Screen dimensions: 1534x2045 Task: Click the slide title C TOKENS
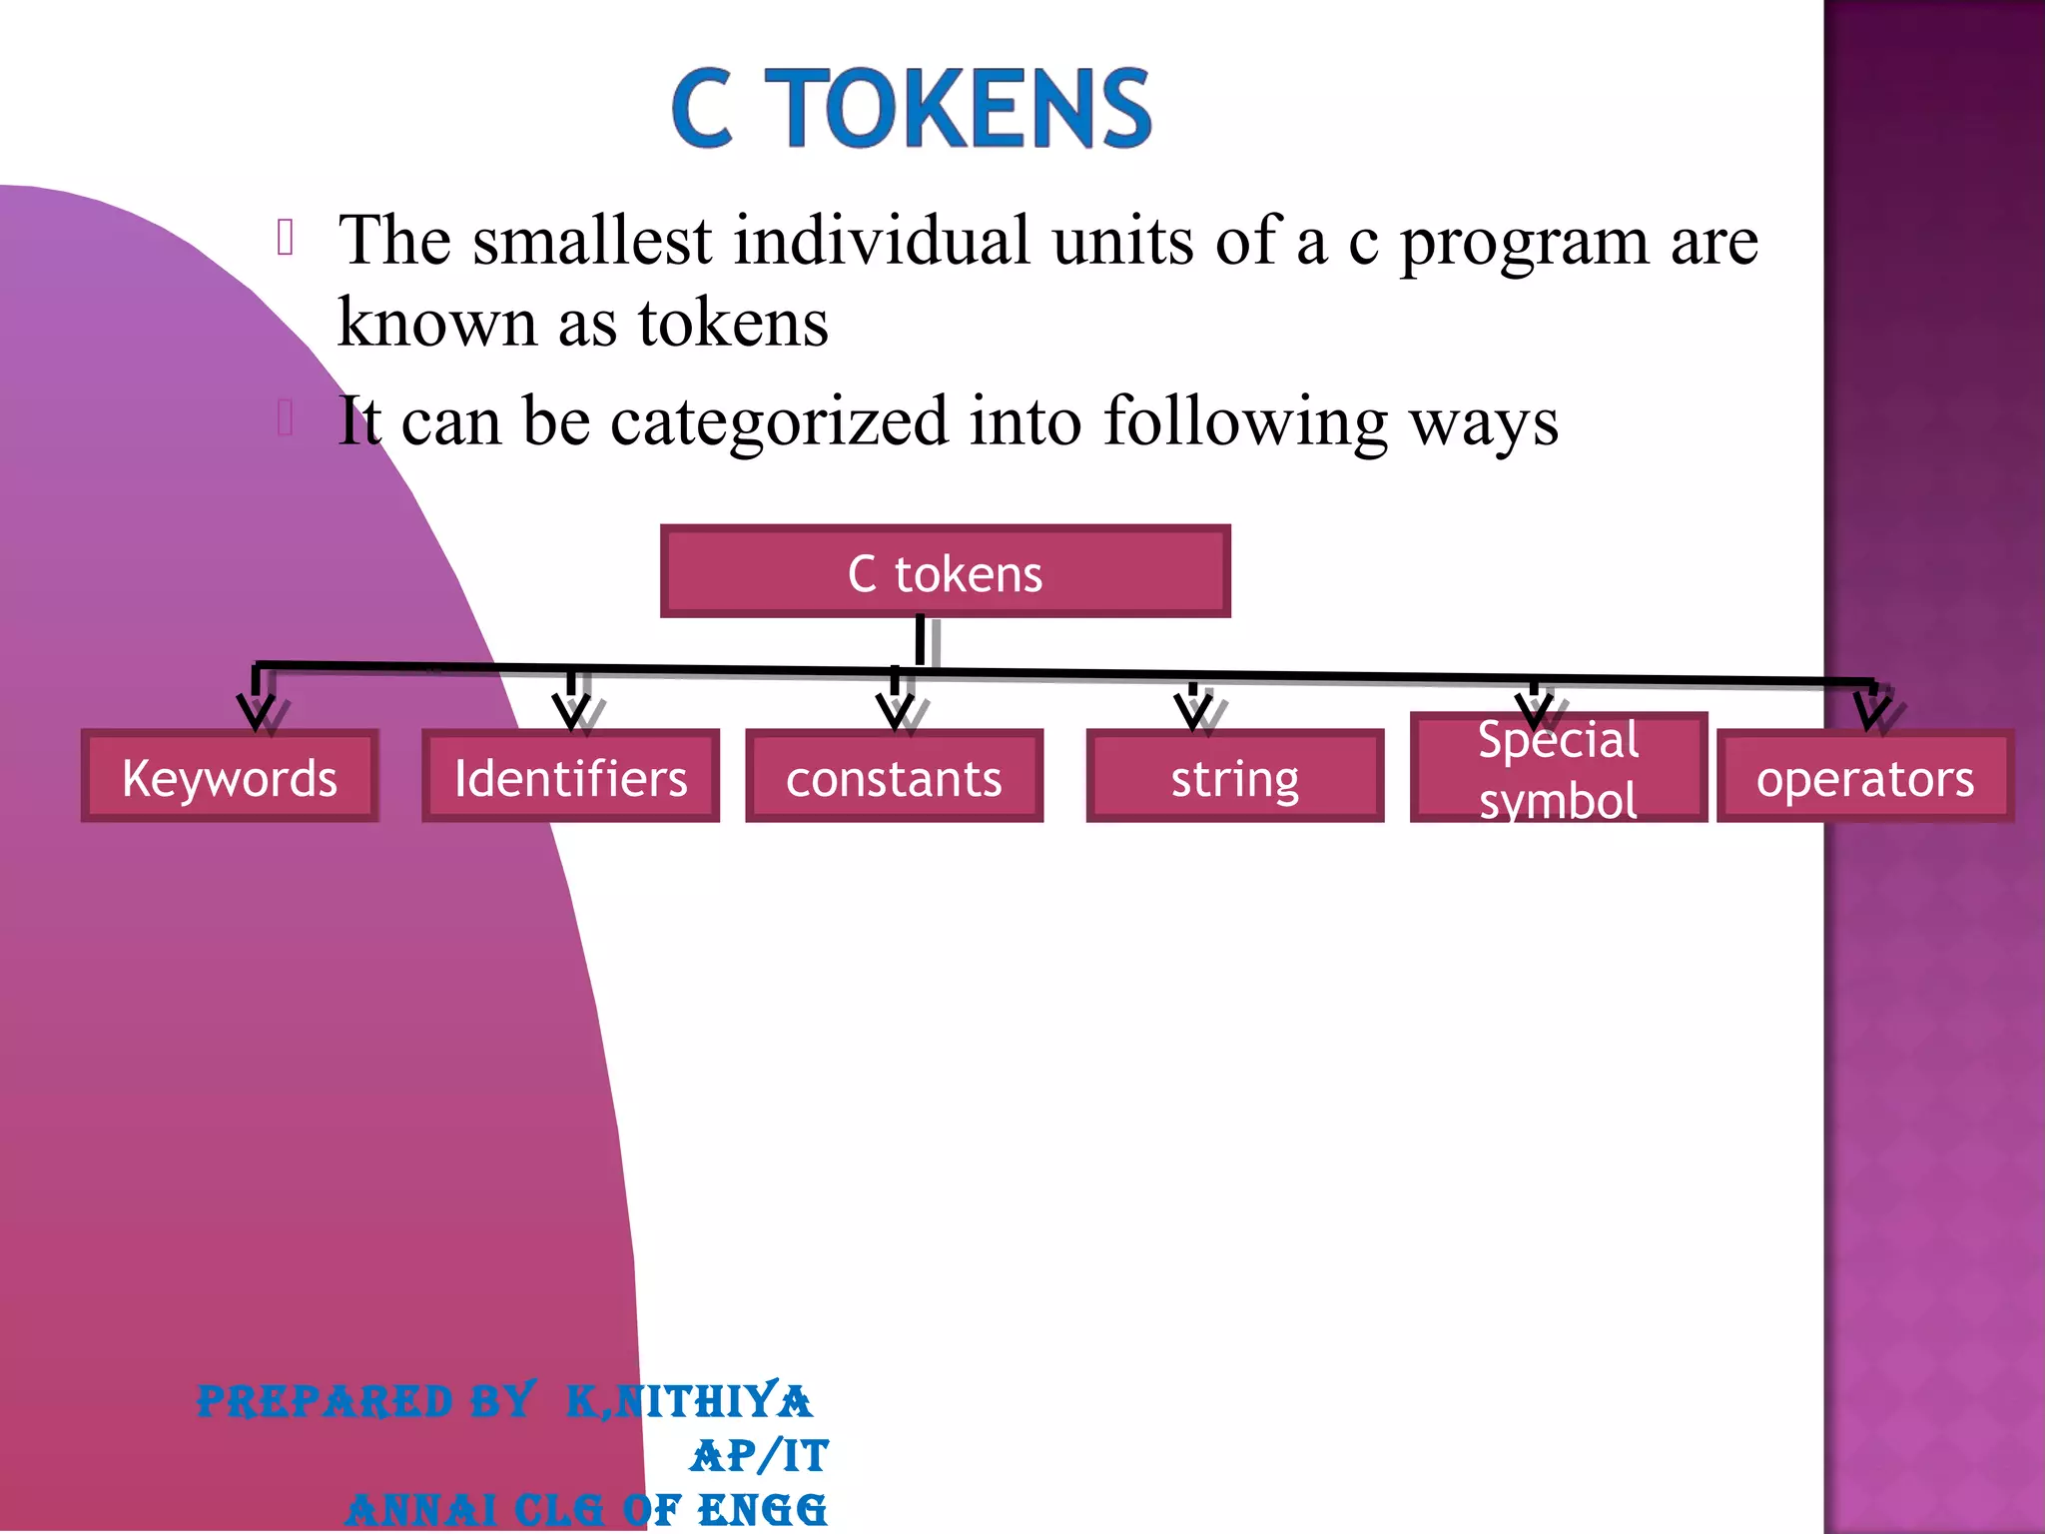point(912,109)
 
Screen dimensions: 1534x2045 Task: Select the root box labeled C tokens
point(945,572)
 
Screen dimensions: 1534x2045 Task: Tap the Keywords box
point(230,777)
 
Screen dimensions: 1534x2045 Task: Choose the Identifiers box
point(570,777)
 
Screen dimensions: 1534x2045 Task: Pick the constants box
point(894,777)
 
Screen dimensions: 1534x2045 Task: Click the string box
point(1234,777)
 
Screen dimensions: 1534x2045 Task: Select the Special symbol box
point(1558,768)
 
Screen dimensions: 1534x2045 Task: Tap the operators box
point(1864,777)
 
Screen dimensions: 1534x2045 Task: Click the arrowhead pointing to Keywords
point(257,711)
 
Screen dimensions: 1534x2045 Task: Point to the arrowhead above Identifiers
point(572,711)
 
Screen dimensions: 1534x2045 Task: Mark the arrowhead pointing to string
point(1193,711)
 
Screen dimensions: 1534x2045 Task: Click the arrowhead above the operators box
point(1871,711)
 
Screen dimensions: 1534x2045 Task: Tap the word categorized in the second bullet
point(779,422)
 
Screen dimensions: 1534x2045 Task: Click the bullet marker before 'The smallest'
point(286,238)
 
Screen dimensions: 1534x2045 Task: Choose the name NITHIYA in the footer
point(713,1401)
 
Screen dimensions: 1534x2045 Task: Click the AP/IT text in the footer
point(759,1456)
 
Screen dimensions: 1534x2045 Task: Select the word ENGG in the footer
point(762,1510)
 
